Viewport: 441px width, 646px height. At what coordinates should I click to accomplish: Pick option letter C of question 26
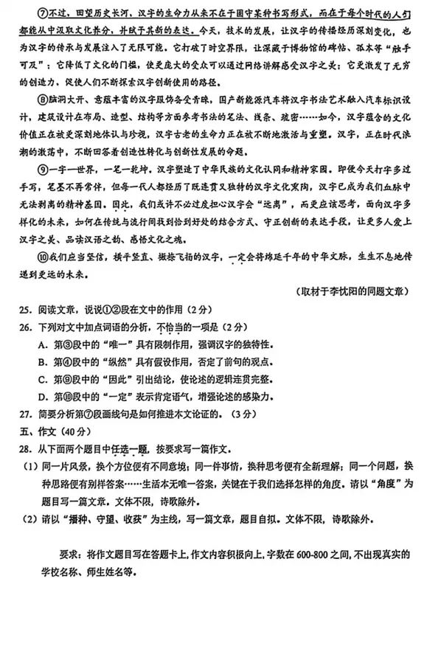[42, 378]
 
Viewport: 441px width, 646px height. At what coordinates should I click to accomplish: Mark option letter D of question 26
[42, 396]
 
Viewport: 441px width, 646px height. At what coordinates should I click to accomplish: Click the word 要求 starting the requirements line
[69, 555]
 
